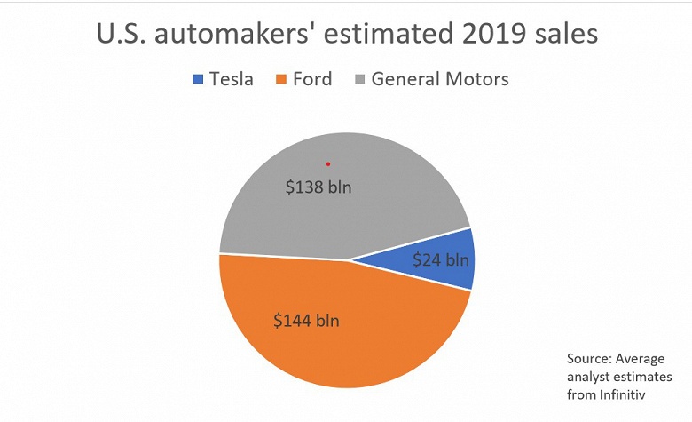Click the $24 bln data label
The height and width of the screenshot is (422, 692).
click(x=441, y=260)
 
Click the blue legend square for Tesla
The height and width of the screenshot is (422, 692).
click(x=198, y=80)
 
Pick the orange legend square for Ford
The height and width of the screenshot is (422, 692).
click(x=282, y=80)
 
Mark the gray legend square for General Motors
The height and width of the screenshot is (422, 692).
click(x=358, y=80)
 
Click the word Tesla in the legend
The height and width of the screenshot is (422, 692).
click(x=231, y=79)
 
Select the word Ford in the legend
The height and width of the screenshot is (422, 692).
click(x=312, y=79)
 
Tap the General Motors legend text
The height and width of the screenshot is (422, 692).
click(x=440, y=79)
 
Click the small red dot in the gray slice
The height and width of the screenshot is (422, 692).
click(x=328, y=163)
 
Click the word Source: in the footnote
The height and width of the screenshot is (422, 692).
click(x=590, y=358)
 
